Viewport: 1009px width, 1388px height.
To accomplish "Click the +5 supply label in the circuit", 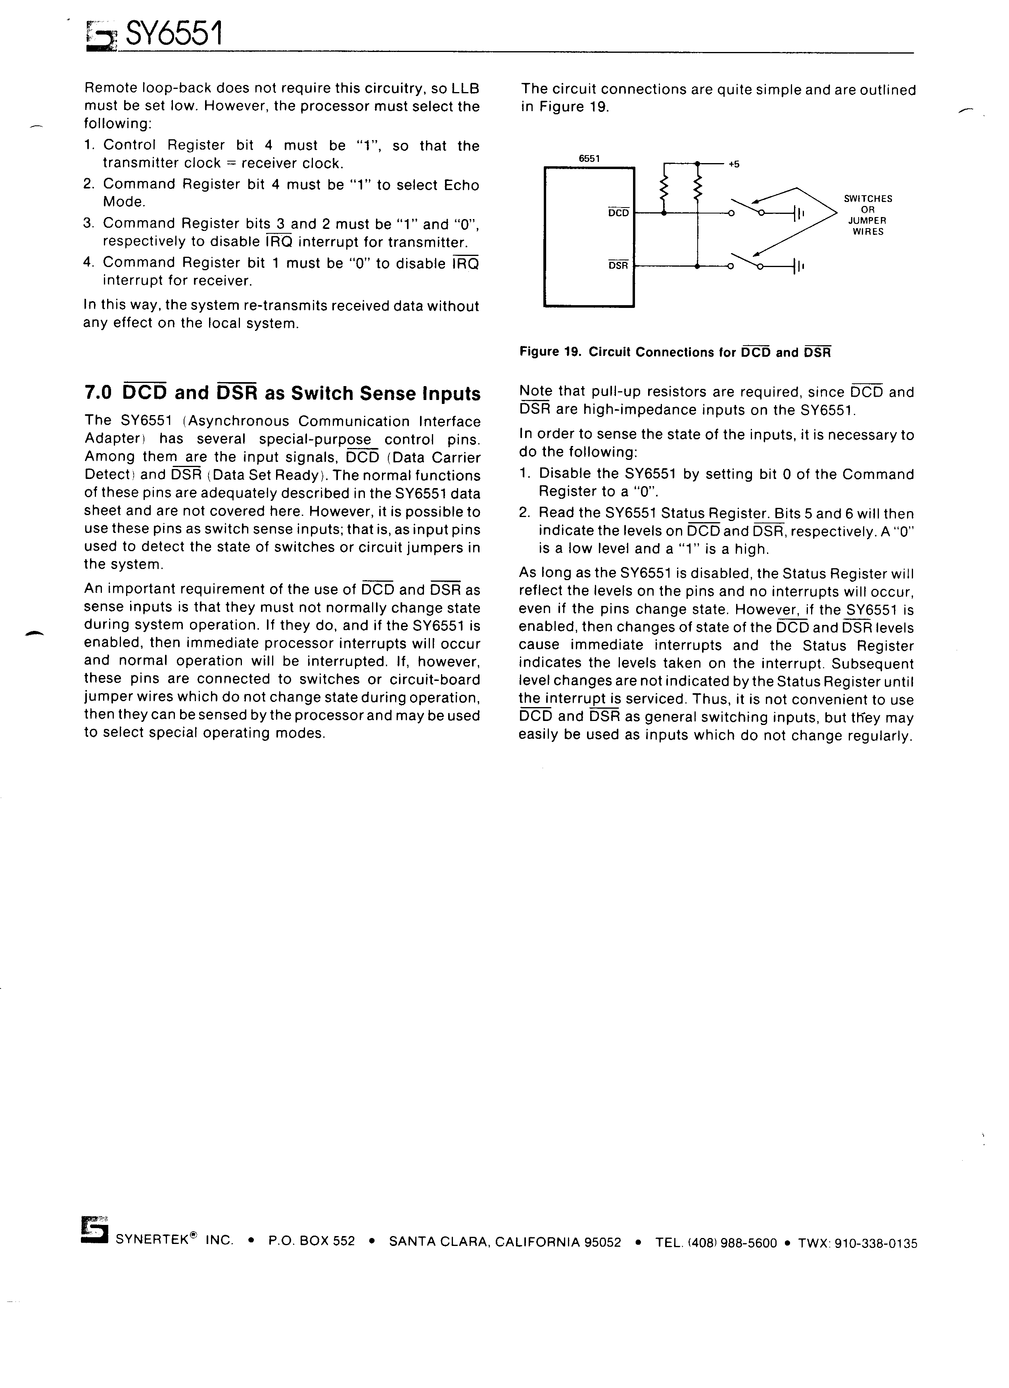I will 734,164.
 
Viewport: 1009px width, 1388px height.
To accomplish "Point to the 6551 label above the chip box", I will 590,158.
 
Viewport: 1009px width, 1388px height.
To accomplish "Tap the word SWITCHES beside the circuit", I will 868,199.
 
